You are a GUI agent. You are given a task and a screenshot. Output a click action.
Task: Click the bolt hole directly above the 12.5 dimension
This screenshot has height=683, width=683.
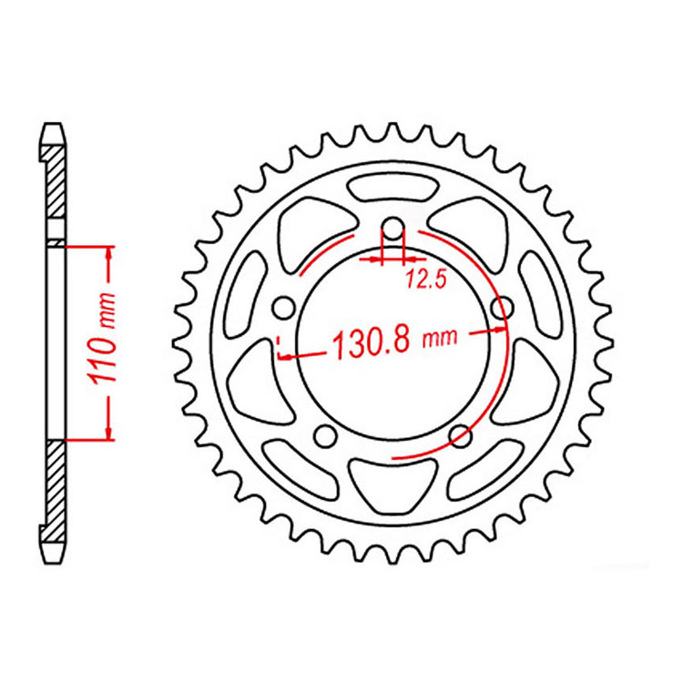(392, 228)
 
